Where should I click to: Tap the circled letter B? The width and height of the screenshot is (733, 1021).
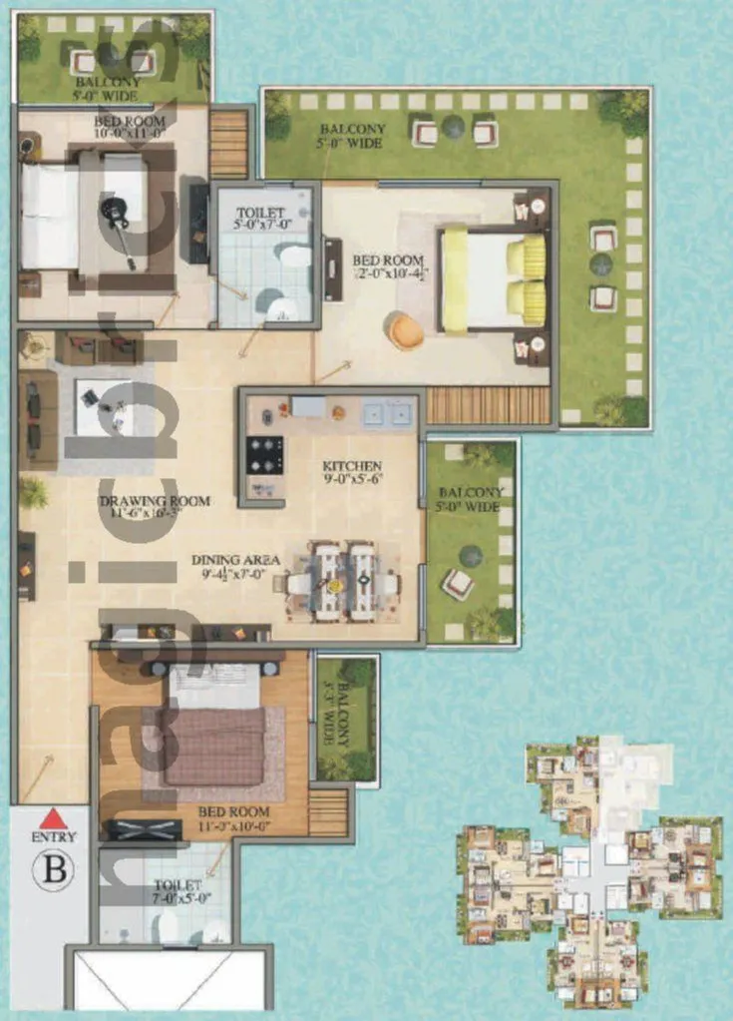point(53,869)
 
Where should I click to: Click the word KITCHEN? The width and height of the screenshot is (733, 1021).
point(352,466)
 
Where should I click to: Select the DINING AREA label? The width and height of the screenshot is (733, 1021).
point(235,560)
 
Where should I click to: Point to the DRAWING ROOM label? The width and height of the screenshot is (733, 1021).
point(155,500)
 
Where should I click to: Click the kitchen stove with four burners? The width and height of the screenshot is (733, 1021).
point(265,455)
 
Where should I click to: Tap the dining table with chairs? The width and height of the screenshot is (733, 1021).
point(343,580)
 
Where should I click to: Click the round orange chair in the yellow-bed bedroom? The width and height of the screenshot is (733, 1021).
point(405,330)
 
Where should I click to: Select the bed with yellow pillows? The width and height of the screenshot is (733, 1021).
point(494,279)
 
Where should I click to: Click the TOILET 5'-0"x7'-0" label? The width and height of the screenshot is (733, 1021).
point(261,219)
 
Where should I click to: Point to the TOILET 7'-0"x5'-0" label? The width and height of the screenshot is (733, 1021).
point(178,890)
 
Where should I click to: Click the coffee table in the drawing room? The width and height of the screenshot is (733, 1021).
point(104,409)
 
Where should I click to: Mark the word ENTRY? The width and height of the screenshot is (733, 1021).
point(53,836)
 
